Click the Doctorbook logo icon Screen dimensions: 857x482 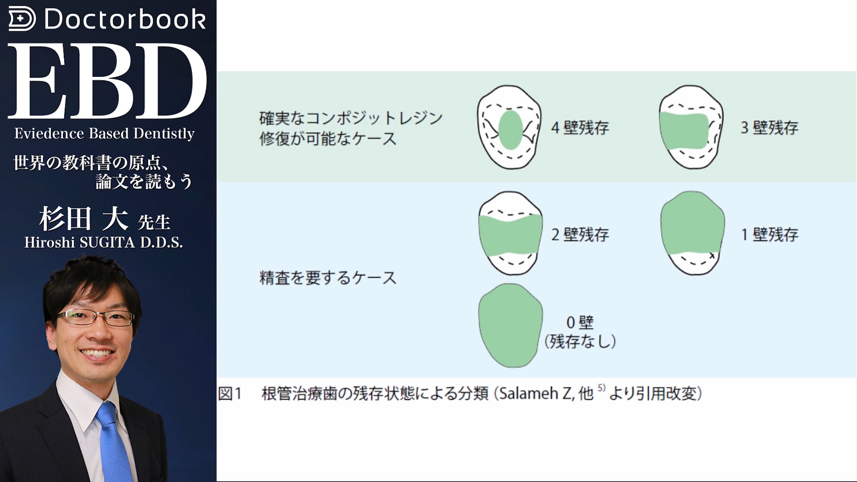point(22,19)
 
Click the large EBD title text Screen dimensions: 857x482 point(107,81)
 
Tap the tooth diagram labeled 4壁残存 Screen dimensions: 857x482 point(509,128)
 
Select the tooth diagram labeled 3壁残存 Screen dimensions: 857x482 point(691,128)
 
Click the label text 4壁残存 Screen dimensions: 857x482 point(580,128)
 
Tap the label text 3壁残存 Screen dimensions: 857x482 point(770,128)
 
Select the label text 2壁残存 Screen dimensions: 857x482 point(580,234)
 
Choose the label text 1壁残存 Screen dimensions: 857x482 point(770,234)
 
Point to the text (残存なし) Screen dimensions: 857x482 point(580,341)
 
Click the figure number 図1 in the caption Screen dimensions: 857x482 point(230,394)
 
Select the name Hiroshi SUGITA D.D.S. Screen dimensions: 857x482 point(104,242)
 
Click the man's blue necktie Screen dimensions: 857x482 point(113,442)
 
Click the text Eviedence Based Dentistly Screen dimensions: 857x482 point(104,133)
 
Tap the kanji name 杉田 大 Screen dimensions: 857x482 point(83,219)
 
